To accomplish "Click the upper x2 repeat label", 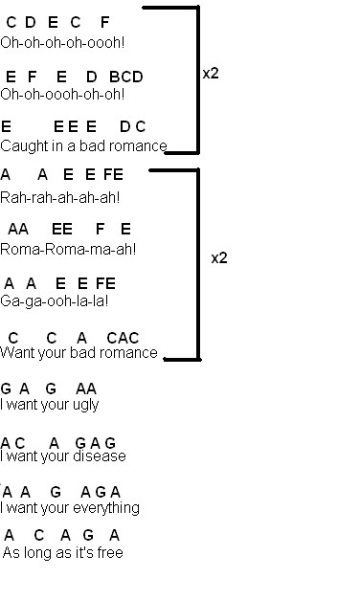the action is tap(211, 73).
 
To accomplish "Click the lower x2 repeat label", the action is tap(219, 258).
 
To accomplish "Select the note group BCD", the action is tap(126, 77).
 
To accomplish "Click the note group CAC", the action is tap(123, 338).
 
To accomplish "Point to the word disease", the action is tap(100, 456).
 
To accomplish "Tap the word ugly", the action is tap(85, 405).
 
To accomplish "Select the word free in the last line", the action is tap(110, 552).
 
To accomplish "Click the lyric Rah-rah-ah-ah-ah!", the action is tap(60, 198).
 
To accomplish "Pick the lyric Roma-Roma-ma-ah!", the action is tap(68, 250).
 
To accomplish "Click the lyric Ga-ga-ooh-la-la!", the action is tap(54, 301).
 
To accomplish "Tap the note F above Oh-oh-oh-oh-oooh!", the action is tap(104, 22).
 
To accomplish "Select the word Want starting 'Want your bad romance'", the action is tap(13, 352).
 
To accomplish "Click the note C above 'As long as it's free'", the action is tap(38, 535).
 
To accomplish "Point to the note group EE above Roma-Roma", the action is tap(62, 230).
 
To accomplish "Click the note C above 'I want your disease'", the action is tap(20, 443).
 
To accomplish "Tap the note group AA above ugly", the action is tap(86, 389).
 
